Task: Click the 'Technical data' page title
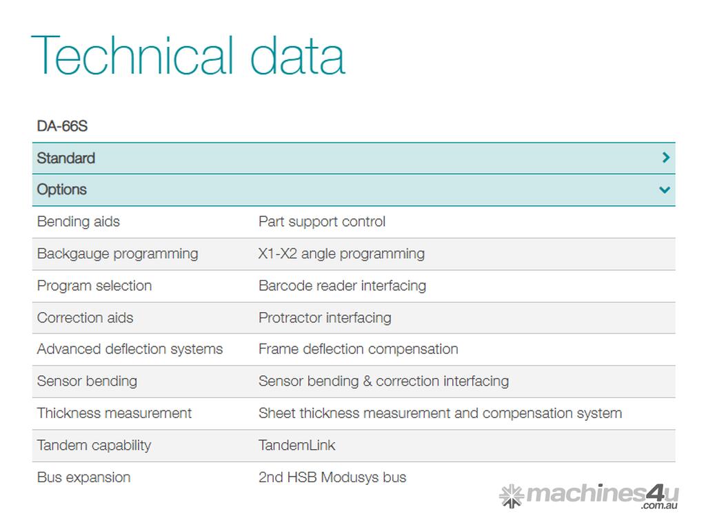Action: [188, 55]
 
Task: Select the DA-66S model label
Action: [62, 126]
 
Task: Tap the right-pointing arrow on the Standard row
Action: [666, 158]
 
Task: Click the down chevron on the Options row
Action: [665, 190]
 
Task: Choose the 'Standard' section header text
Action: [65, 158]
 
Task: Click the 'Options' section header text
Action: [61, 190]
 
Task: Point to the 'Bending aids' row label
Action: [79, 222]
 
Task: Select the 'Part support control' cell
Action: [322, 222]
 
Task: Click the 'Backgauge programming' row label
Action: [117, 253]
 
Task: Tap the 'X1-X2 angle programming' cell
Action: [341, 253]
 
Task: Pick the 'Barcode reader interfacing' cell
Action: [342, 286]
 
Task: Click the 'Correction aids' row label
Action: [85, 318]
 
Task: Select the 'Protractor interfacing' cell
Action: [325, 318]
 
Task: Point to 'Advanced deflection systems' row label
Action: [130, 349]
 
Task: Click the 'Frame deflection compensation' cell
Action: [358, 349]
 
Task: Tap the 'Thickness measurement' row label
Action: [114, 413]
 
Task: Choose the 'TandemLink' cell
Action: [296, 446]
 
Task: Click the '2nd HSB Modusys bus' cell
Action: [332, 477]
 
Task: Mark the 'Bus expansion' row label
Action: [83, 477]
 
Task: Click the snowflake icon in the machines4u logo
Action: [512, 496]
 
